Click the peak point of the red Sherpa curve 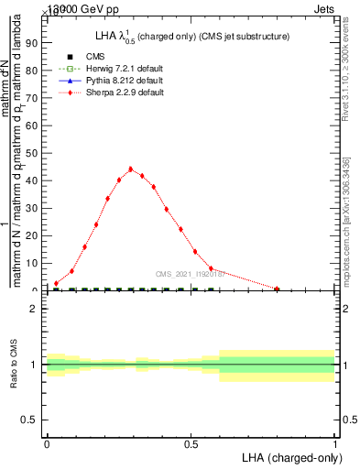tap(131, 169)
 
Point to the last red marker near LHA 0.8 tap(277, 289)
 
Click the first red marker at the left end tap(57, 283)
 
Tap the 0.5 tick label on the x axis tap(191, 444)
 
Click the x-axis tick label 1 tap(335, 444)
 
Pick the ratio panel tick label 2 tap(34, 310)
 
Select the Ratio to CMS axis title tap(14, 365)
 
